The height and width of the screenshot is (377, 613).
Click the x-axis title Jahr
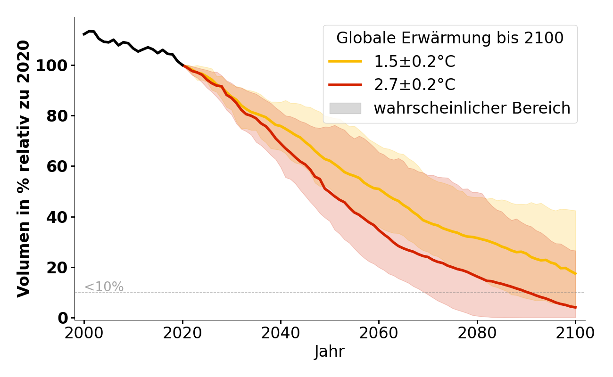point(330,352)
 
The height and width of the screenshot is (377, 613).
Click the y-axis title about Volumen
point(24,169)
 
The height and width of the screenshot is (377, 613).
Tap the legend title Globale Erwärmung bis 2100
point(450,38)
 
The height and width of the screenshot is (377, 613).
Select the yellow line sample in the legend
point(345,61)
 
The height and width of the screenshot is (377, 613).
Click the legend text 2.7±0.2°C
point(414,85)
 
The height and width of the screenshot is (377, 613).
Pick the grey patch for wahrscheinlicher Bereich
point(345,108)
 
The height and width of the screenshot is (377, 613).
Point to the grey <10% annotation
point(104,287)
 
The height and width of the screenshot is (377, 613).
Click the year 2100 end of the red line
point(575,307)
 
